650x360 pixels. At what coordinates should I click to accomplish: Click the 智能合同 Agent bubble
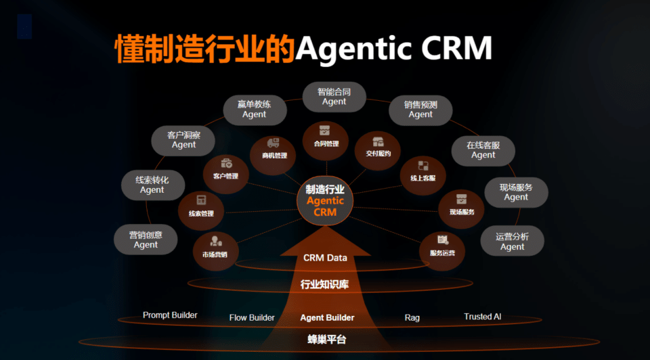point(334,97)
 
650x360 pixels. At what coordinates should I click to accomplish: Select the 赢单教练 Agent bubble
point(255,110)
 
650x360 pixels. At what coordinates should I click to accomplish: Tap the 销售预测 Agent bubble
point(420,110)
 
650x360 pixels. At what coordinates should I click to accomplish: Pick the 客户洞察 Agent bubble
point(183,141)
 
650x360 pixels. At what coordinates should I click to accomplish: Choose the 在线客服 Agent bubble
point(483,150)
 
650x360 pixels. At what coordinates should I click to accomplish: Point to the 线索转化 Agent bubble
point(152,185)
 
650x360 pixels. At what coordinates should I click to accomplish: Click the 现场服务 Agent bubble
point(516,193)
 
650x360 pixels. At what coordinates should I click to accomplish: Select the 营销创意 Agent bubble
point(146,240)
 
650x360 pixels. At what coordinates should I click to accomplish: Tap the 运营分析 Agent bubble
point(513,241)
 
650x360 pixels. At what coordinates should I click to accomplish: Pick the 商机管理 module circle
point(274,154)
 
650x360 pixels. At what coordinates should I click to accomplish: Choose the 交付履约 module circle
point(378,151)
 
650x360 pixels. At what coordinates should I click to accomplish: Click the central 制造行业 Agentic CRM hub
point(325,201)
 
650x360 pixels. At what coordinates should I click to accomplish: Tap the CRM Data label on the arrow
point(325,258)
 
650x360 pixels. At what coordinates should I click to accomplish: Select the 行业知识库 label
point(324,284)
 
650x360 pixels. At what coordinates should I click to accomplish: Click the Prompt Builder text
point(170,315)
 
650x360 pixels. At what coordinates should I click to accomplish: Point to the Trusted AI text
point(483,317)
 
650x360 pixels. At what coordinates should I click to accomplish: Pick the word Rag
point(412,318)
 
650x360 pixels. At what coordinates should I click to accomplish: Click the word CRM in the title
point(456,48)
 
